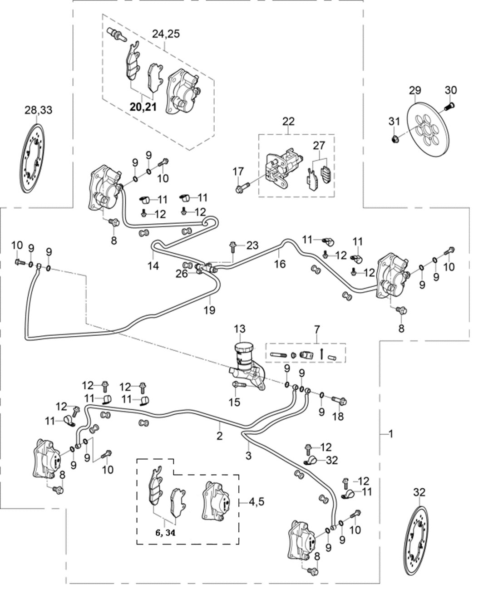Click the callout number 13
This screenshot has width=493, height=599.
pos(239,329)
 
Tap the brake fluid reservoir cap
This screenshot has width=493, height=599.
pos(245,348)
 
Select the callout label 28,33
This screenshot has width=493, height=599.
pos(38,109)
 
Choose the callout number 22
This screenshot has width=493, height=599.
pos(288,121)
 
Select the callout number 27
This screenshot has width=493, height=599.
pos(319,145)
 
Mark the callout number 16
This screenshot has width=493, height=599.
pos(280,263)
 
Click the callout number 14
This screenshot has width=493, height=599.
pos(153,265)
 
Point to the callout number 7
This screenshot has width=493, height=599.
pos(316,328)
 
